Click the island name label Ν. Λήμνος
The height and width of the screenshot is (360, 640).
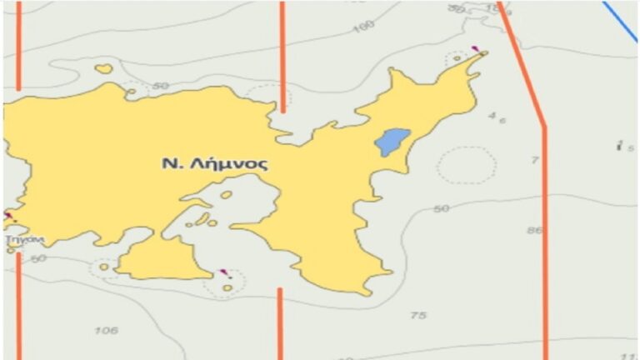tap(215, 163)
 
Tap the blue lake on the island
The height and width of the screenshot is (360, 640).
tap(392, 142)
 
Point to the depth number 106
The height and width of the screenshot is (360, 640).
tap(106, 331)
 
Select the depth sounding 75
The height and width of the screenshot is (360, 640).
tap(418, 315)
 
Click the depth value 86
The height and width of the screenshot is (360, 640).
tap(534, 230)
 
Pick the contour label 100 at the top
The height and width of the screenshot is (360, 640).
tap(362, 27)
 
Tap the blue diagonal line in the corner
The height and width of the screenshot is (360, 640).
tap(620, 21)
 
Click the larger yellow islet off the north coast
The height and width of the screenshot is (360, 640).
tap(103, 69)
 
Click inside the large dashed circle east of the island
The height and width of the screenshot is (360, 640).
tap(467, 165)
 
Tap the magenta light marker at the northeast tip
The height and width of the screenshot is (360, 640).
tap(475, 48)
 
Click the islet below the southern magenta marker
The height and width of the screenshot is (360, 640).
tap(227, 287)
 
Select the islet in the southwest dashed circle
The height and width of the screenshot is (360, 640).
tap(104, 267)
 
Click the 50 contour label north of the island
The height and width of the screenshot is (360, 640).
tap(161, 86)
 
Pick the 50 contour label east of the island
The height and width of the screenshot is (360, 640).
tap(441, 208)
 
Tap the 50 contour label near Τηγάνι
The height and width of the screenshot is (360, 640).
tap(37, 258)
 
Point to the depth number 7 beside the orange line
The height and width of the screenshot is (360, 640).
tap(535, 159)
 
